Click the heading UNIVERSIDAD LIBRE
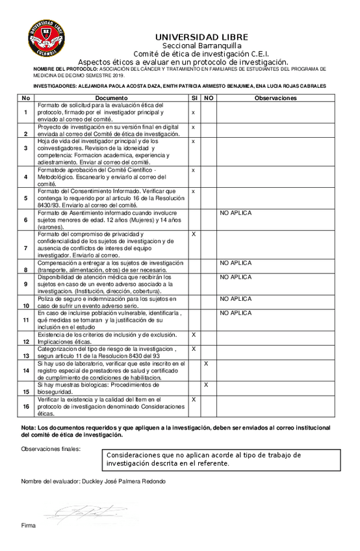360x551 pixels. tap(201, 37)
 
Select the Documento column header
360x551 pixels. tap(111, 97)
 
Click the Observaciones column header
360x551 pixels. tap(276, 97)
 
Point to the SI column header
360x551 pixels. tap(194, 97)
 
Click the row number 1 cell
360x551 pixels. tap(25, 112)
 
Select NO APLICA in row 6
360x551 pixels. tap(235, 212)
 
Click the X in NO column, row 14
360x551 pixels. tap(206, 364)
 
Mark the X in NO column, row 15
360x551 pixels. tap(206, 385)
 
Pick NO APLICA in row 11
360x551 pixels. tap(235, 313)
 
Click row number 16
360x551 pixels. tap(25, 406)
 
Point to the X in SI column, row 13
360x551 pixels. tap(194, 349)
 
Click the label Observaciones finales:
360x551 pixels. tap(51, 448)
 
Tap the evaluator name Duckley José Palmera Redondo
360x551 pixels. tap(93, 481)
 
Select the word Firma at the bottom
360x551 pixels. tap(28, 524)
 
